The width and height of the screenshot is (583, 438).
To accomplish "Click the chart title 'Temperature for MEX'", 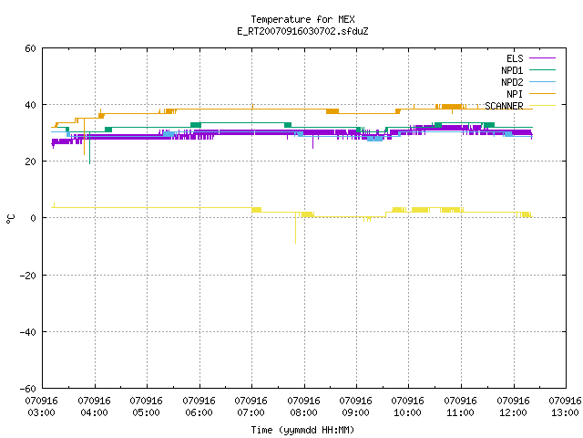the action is tap(302, 19).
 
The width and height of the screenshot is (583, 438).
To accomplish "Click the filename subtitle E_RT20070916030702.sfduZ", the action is tap(302, 31).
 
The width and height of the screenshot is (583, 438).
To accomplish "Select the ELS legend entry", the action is tap(531, 58).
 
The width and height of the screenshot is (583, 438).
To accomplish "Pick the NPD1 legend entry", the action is tap(528, 70).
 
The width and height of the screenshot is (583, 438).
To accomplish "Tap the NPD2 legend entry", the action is tap(528, 82).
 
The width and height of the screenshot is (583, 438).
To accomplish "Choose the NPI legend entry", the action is tap(531, 94).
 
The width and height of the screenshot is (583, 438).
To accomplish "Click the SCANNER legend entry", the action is tap(520, 106).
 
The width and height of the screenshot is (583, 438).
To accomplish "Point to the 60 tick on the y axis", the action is tap(30, 48).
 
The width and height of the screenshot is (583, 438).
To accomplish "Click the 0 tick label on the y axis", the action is tap(34, 218).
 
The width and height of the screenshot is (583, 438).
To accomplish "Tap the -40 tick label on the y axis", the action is tap(28, 332).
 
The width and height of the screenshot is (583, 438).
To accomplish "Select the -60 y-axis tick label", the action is tap(28, 389).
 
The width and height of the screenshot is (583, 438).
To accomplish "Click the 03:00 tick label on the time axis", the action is tap(42, 407).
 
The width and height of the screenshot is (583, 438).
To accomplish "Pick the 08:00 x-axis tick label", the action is tap(303, 407).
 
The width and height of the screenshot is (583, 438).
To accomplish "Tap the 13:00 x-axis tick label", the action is tap(565, 407).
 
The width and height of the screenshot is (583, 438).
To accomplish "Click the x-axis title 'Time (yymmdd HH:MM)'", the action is tap(302, 430).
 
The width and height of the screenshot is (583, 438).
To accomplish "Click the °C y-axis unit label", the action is tap(11, 219).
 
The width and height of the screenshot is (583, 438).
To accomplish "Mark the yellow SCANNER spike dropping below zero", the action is tap(295, 228).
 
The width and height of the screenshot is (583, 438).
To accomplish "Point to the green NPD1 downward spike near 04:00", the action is tap(89, 148).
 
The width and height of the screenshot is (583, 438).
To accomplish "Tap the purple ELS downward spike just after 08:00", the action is tap(313, 141).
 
